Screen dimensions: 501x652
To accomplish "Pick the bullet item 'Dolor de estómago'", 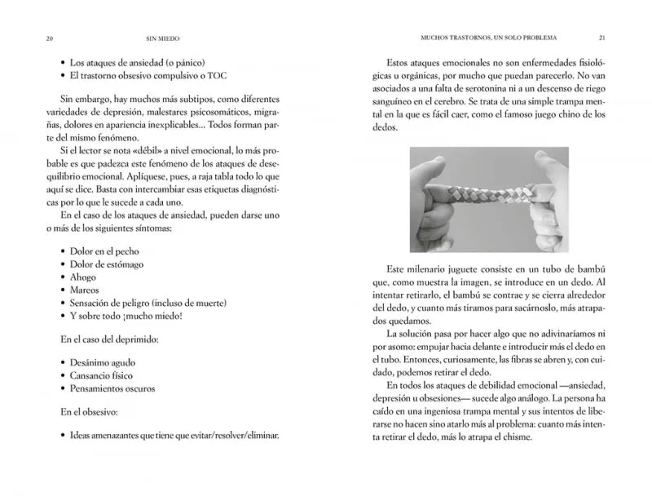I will pos(107,264).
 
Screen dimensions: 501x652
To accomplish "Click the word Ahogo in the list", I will pos(84,277).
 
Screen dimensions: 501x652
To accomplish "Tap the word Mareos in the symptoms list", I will pos(86,290).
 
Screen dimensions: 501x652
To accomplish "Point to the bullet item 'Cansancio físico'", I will pos(101,375).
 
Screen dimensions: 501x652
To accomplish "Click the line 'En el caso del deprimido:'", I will pos(113,338).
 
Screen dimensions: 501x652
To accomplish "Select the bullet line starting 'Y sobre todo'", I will pos(126,317).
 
